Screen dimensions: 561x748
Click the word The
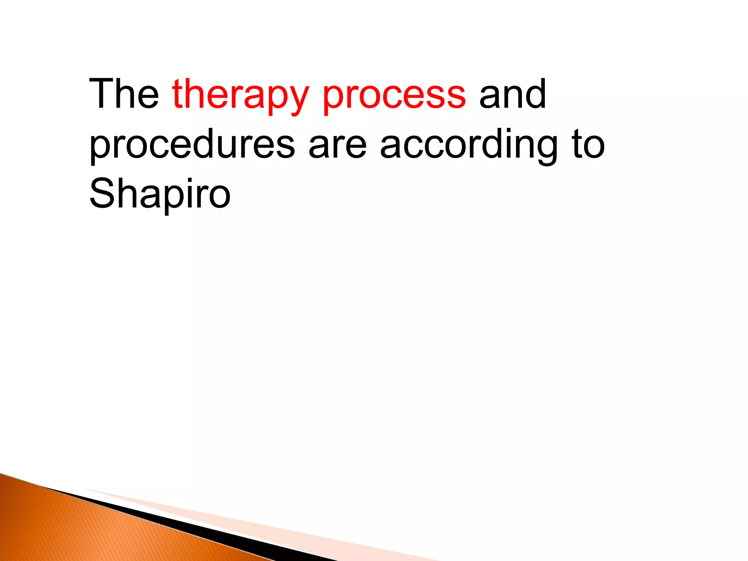124,94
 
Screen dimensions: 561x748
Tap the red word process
394,96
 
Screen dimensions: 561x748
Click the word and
512,94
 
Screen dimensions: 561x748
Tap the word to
588,145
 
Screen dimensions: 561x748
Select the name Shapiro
160,195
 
